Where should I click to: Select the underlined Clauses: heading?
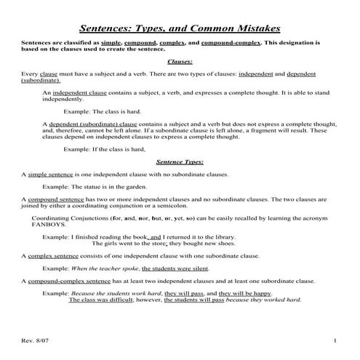coord(180,63)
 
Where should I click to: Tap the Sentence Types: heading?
coord(180,161)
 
